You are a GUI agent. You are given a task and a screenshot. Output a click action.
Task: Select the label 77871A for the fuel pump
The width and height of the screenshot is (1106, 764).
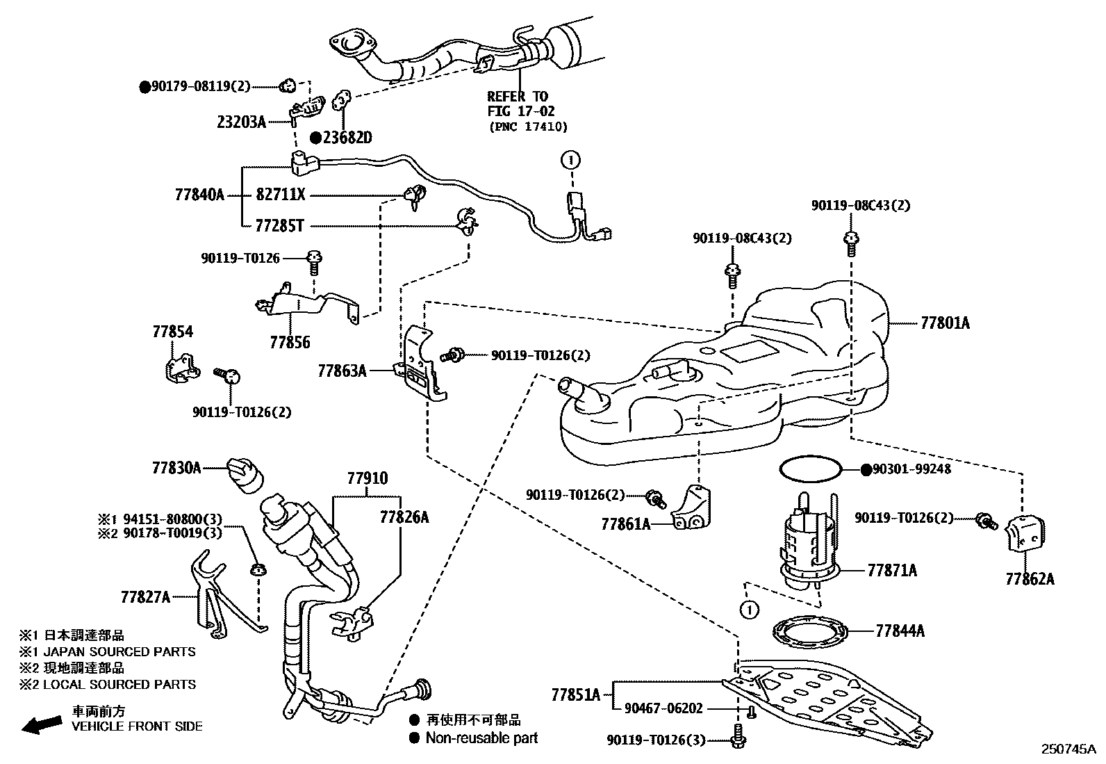(891, 571)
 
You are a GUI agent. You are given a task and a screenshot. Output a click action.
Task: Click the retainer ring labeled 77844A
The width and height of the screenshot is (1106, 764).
(810, 631)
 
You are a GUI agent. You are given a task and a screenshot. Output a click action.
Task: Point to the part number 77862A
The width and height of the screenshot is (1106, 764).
(1029, 578)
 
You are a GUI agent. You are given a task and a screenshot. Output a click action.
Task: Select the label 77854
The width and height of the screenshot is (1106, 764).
(172, 332)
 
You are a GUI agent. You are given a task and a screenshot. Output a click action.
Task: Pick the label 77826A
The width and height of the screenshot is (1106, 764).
(404, 517)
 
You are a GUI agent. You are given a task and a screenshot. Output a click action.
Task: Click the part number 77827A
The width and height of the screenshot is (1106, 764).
(145, 596)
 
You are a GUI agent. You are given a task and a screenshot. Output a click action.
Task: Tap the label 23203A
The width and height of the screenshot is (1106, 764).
(241, 122)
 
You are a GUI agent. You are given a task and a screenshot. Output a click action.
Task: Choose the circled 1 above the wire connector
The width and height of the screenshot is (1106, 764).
(570, 160)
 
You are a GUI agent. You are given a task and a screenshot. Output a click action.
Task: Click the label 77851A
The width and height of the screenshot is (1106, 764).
(576, 694)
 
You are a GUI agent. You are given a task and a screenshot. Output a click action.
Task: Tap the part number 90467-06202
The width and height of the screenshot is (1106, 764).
(663, 708)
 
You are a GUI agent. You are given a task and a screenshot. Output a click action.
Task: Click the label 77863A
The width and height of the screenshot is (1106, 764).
(342, 371)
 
